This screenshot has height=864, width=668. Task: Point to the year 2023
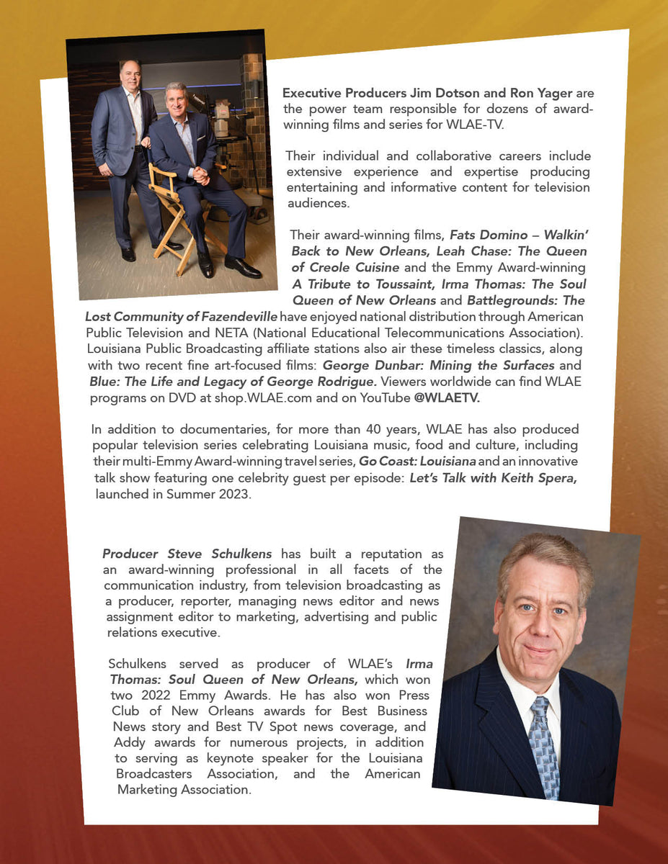[235, 495]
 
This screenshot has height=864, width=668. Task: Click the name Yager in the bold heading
[517, 94]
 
